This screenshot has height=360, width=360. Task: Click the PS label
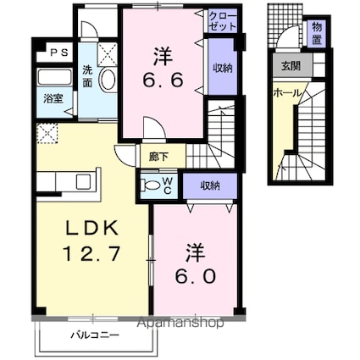click(x=57, y=53)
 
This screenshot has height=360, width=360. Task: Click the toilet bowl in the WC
click(x=152, y=186)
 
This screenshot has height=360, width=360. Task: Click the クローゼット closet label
click(x=220, y=21)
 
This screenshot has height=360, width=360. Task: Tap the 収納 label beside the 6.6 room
click(x=221, y=68)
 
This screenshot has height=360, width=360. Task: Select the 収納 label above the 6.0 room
click(x=210, y=186)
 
